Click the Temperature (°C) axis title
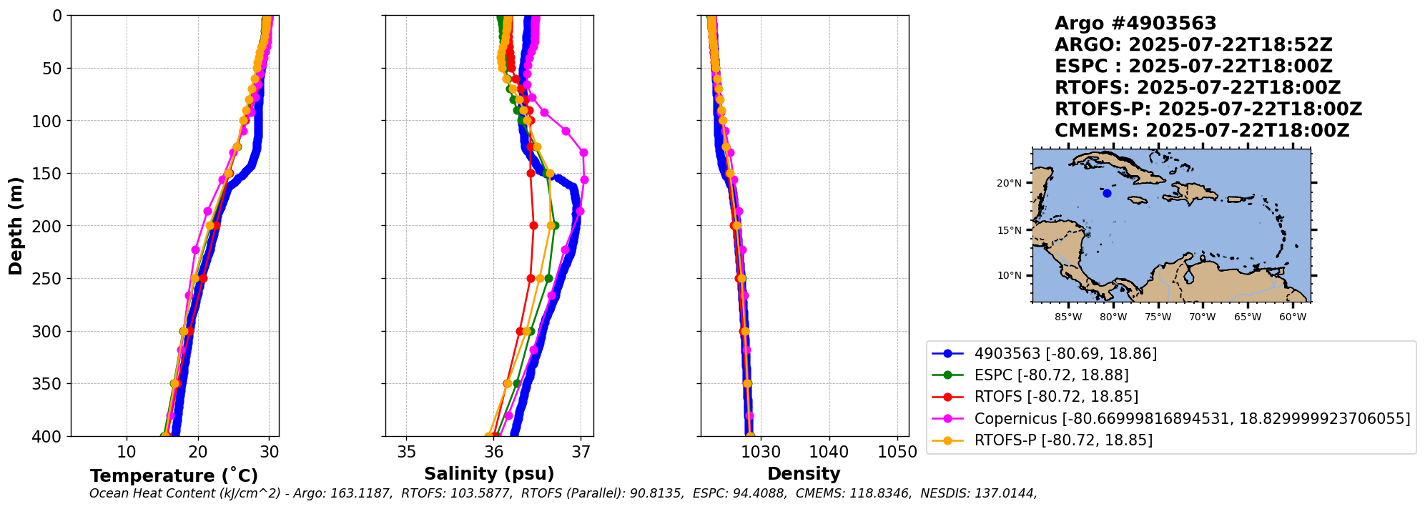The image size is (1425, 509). [x=174, y=476]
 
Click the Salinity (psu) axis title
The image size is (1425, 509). [x=489, y=474]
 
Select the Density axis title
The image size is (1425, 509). [x=804, y=474]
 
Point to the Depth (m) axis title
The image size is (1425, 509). [x=16, y=225]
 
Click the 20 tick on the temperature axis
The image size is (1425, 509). [x=198, y=452]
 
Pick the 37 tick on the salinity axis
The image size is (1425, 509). [x=581, y=452]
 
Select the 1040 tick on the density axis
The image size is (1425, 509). [x=829, y=452]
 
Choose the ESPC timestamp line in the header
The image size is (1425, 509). [x=1193, y=66]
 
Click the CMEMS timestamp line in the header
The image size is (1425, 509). [x=1202, y=131]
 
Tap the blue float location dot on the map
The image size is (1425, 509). [x=1107, y=193]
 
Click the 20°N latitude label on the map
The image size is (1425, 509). [x=1009, y=183]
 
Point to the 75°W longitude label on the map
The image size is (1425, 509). [x=1158, y=317]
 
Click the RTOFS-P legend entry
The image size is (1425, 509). [x=1063, y=440]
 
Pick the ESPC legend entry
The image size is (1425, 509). [x=1051, y=375]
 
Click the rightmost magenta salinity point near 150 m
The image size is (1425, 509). [x=584, y=179]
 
